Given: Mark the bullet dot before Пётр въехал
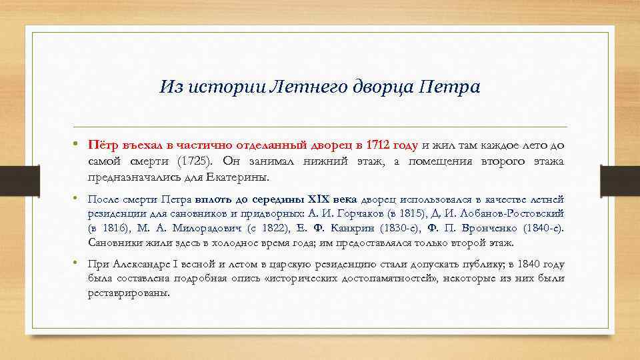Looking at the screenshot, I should tap(79, 144).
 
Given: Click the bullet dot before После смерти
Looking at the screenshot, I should tap(79, 199).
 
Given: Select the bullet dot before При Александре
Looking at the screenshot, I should tap(79, 263).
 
